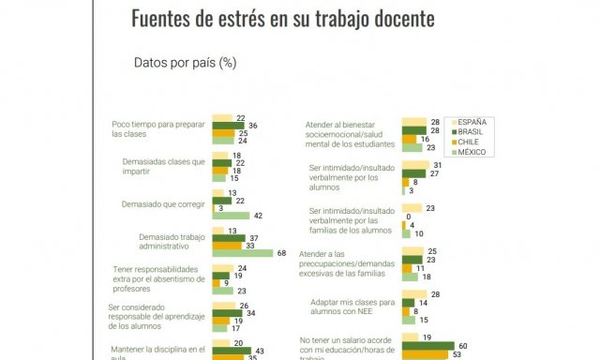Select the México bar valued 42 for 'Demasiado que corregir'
(231, 215)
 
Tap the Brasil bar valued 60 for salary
(427, 346)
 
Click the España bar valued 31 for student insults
(415, 165)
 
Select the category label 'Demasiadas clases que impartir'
(164, 166)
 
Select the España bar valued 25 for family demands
(412, 251)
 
